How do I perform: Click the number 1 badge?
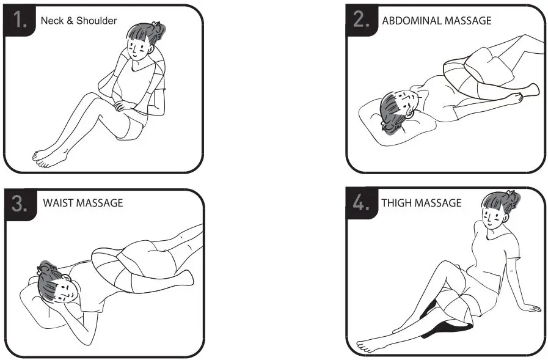(x=21, y=20)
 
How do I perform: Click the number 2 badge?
(x=362, y=20)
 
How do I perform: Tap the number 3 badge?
(x=20, y=203)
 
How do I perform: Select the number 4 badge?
(x=362, y=203)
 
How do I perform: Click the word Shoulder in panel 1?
(x=97, y=21)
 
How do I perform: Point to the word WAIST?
(x=59, y=203)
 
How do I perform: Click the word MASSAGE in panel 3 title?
(x=100, y=203)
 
